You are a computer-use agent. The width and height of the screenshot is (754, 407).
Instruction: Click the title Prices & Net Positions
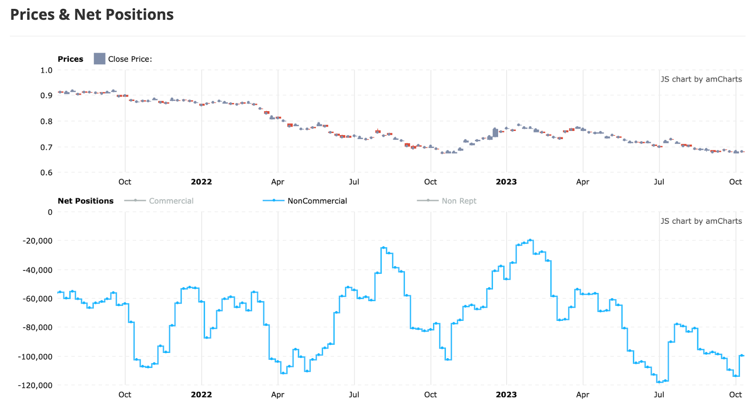pos(92,15)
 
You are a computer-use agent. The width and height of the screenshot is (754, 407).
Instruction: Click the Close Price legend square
pos(99,59)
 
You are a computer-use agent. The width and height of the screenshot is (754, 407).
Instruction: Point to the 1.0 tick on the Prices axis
pos(46,70)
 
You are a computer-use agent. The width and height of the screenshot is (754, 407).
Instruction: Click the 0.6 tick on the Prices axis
pos(46,172)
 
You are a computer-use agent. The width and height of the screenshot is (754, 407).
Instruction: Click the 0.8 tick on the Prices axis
pos(46,121)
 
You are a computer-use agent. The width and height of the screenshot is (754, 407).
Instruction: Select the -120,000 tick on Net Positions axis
pos(35,385)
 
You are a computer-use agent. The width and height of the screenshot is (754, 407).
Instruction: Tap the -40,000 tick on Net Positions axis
pos(37,270)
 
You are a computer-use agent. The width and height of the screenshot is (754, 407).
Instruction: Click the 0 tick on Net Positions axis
pos(50,212)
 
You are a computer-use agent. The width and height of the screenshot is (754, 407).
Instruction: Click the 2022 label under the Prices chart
pos(201,182)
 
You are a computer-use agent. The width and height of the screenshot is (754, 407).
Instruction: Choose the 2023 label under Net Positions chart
pos(506,395)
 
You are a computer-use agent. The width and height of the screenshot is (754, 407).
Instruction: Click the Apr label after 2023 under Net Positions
pos(582,395)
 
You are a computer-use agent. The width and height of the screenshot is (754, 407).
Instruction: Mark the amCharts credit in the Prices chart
pos(701,79)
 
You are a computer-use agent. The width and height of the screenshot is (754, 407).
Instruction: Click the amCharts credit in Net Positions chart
pos(701,221)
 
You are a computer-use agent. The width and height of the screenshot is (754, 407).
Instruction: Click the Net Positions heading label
pos(85,201)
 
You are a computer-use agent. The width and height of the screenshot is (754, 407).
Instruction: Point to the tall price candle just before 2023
pos(495,132)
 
